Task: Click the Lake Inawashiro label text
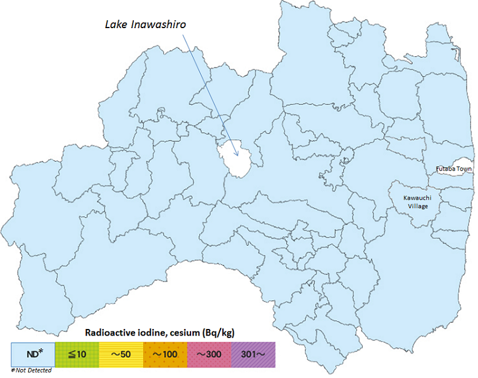pyautogui.click(x=143, y=25)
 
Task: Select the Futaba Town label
pyautogui.click(x=454, y=169)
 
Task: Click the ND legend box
pyautogui.click(x=33, y=354)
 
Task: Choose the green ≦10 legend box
pyautogui.click(x=76, y=354)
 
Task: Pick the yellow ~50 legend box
pyautogui.click(x=120, y=354)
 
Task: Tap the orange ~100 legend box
pyautogui.click(x=164, y=354)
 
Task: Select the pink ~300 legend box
pyautogui.click(x=209, y=354)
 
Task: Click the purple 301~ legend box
pyautogui.click(x=252, y=354)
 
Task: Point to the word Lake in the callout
pyautogui.click(x=114, y=25)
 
